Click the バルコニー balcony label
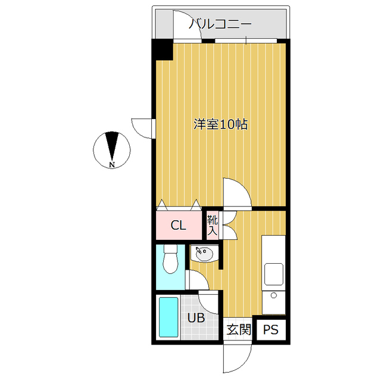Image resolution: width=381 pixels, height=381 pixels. point(220,24)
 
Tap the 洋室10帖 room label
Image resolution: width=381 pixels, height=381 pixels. point(221,125)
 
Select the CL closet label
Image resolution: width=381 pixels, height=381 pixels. point(178,226)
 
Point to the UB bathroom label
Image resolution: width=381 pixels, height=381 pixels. point(196,318)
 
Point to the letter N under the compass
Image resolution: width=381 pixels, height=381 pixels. point(112,164)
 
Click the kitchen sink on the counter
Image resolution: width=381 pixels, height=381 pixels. point(274,274)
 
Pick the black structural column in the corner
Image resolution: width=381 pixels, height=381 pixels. point(161,49)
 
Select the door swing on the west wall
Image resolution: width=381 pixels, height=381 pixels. point(143,127)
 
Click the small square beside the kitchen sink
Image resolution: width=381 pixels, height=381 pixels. point(274,295)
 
